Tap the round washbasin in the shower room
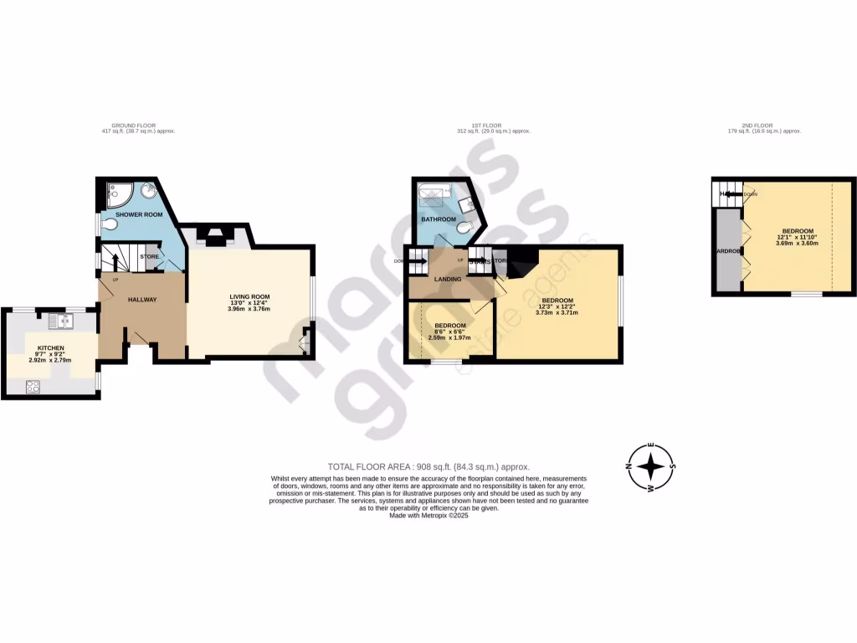[x=149, y=191]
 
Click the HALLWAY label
[x=142, y=299]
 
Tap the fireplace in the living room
[x=215, y=236]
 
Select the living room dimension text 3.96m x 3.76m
[x=249, y=309]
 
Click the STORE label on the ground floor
[x=150, y=257]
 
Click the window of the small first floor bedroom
[x=448, y=362]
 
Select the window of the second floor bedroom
[x=807, y=294]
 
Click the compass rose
[x=651, y=466]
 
